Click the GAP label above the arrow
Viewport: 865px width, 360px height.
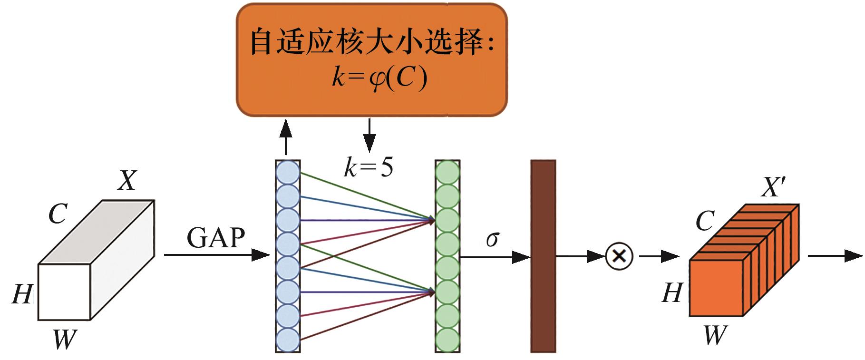pos(216,238)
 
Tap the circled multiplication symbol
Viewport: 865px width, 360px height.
pos(619,257)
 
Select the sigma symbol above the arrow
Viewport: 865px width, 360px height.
pos(492,239)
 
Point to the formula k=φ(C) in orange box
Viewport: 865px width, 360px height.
pos(379,78)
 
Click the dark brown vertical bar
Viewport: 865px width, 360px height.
pos(543,257)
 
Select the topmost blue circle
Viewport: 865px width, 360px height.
pos(288,172)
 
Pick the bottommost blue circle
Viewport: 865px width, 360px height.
pos(288,340)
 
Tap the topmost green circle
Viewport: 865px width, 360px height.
pos(447,172)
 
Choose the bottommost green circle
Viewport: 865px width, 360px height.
pos(447,340)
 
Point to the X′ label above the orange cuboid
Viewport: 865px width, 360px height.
pos(772,187)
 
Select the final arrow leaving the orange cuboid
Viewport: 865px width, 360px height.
pos(835,256)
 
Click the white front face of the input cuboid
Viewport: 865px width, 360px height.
pos(64,292)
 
